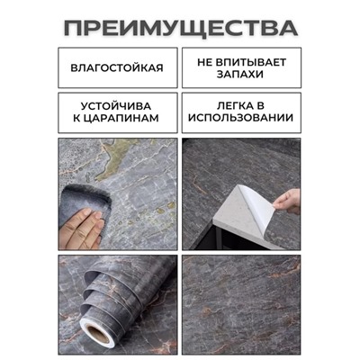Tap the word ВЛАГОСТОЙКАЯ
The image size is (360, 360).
point(119,67)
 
